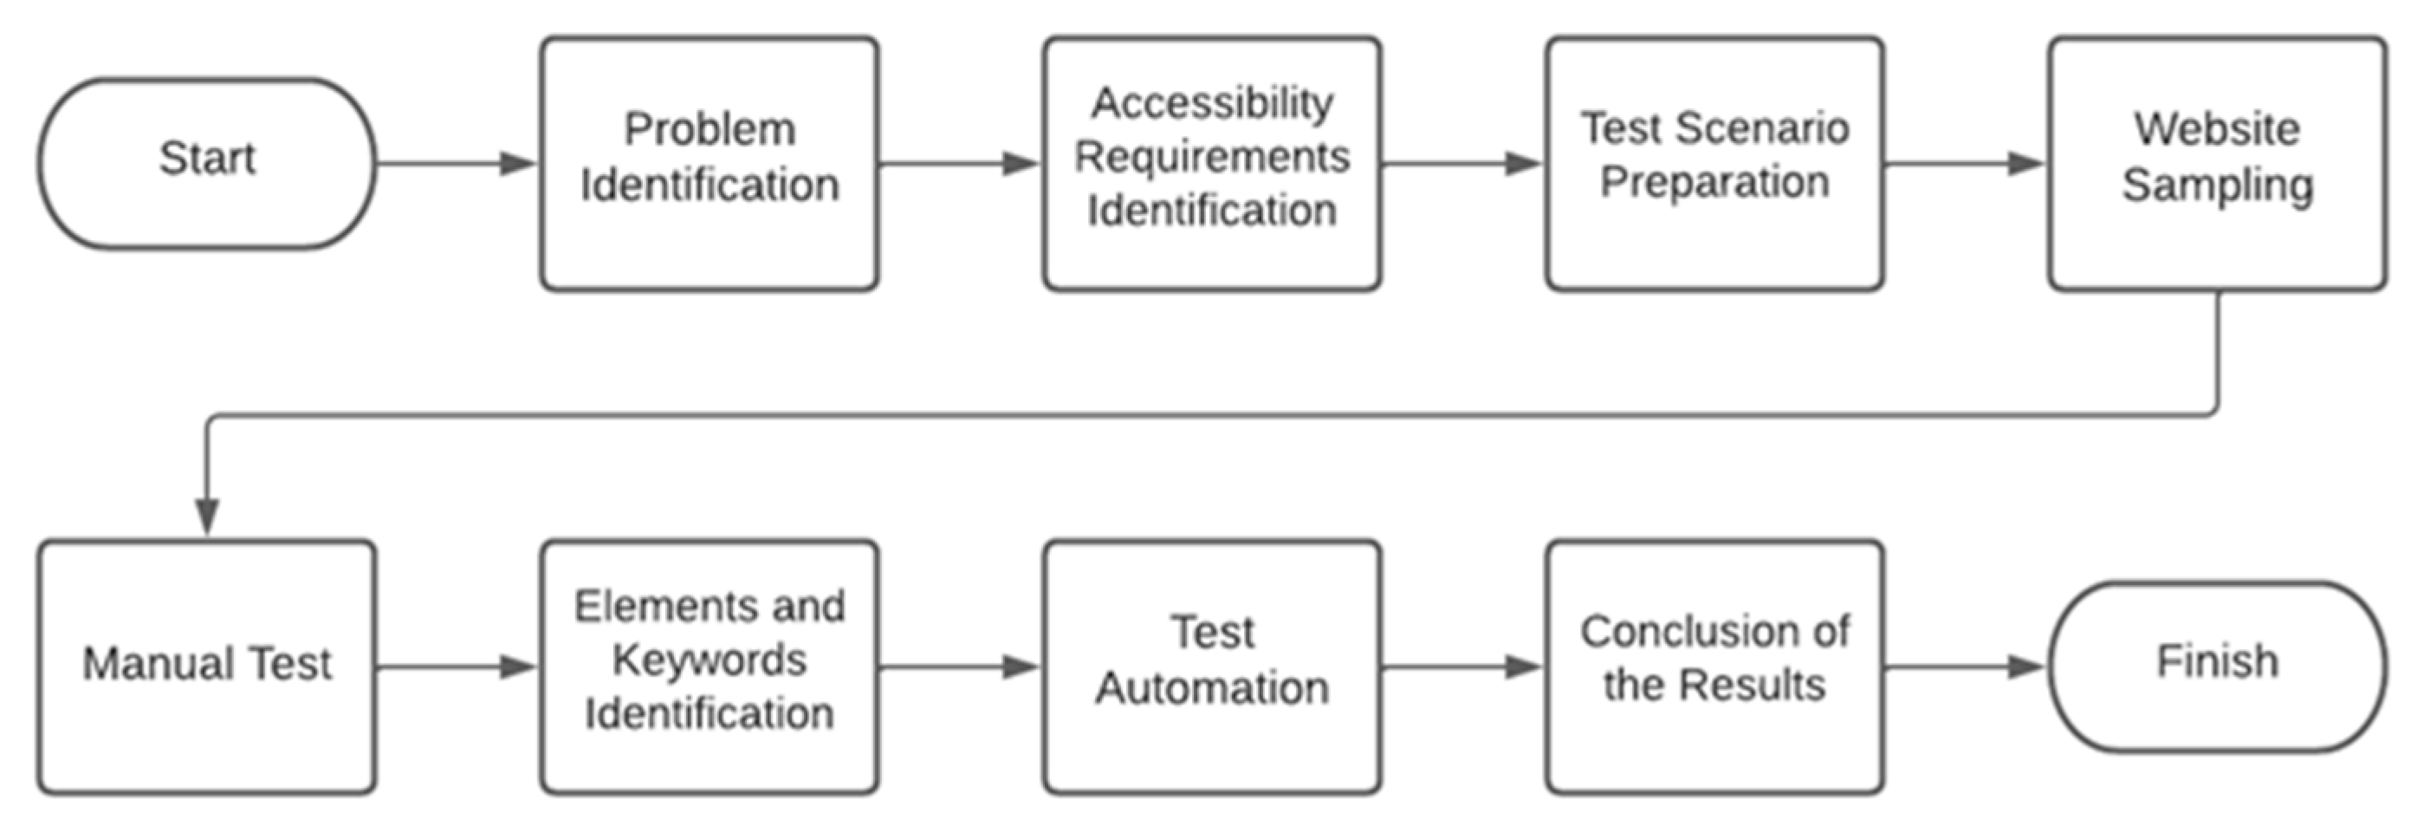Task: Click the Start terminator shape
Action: [206, 163]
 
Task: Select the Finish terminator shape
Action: [2217, 667]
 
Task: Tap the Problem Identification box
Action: [710, 163]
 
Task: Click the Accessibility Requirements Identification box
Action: [1211, 163]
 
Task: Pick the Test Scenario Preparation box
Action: [1714, 163]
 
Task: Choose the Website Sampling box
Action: [2217, 163]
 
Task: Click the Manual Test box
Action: [206, 667]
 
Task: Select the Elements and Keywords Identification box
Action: [710, 667]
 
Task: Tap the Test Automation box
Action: [1211, 667]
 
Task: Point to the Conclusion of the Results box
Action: [1714, 667]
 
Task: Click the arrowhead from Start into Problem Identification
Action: [518, 163]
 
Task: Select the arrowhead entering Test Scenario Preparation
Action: [1524, 163]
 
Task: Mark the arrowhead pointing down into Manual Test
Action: [206, 517]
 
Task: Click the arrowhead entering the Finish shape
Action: [2026, 667]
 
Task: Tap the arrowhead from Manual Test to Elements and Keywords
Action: [518, 667]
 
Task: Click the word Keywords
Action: [710, 660]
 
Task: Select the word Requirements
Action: [1211, 157]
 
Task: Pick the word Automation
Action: [1211, 688]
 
